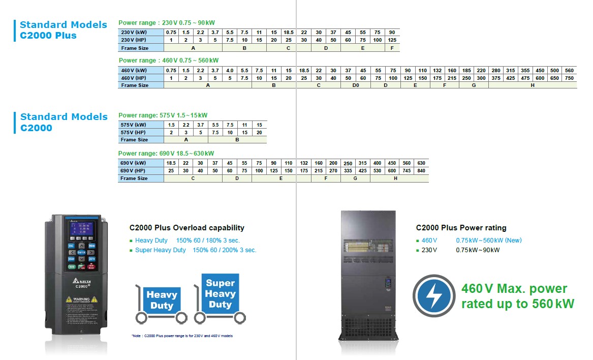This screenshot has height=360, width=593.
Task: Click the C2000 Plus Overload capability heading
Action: [186, 228]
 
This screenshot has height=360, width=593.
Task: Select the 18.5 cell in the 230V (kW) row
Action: [289, 32]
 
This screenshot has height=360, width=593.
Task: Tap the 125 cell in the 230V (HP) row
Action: [392, 40]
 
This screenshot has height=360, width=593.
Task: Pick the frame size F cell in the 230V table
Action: [392, 48]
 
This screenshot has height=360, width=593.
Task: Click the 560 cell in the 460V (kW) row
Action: [569, 70]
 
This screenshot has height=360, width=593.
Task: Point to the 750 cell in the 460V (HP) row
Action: [569, 78]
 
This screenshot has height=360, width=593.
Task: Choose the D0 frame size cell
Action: [355, 85]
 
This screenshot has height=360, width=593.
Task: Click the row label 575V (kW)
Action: [133, 125]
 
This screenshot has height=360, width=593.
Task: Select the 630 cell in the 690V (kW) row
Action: [421, 163]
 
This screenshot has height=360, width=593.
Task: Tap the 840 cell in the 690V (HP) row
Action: [421, 171]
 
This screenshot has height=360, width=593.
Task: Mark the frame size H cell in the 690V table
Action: [395, 178]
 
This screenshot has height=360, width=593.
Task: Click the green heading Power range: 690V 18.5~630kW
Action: [166, 154]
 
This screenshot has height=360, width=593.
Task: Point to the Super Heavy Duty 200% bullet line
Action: [196, 250]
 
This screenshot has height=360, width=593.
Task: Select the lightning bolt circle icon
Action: [433, 296]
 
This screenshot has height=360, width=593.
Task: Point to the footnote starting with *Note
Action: [181, 336]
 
